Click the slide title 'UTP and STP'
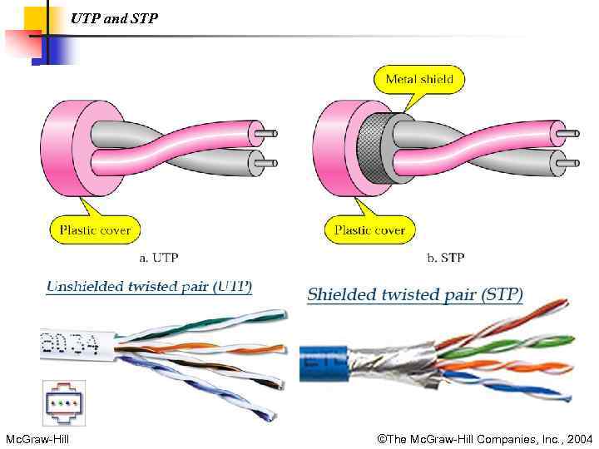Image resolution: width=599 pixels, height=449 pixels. (x=114, y=17)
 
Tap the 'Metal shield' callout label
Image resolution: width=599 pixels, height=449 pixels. (x=419, y=80)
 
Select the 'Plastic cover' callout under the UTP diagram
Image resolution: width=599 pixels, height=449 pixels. (x=95, y=229)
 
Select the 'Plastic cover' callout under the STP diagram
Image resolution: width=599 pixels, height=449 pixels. (x=369, y=229)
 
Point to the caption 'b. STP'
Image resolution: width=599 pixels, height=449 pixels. (x=445, y=258)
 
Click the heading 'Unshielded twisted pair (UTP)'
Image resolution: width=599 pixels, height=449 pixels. (x=149, y=287)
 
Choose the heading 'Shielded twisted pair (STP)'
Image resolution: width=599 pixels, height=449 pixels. (x=414, y=294)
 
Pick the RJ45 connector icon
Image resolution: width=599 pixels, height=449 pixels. (x=64, y=402)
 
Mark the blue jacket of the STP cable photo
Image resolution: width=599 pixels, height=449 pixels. (x=320, y=363)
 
